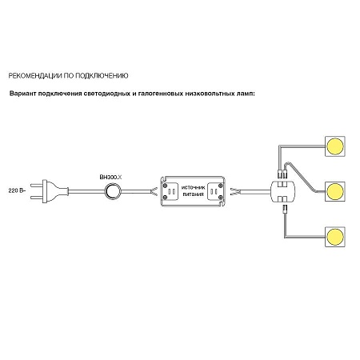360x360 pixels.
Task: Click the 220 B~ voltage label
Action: [17, 190]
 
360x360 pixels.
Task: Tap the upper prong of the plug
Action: [37, 185]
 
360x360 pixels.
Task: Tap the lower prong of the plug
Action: [37, 198]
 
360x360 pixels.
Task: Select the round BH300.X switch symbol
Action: [113, 191]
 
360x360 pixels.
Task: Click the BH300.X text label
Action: [110, 177]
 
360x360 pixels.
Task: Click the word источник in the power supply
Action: [194, 187]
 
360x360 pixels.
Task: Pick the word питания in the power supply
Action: [194, 194]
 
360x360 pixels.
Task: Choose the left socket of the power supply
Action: [171, 191]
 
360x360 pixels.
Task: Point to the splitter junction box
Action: [283, 191]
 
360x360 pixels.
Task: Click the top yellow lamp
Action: [335, 146]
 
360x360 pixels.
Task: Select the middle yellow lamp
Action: [335, 191]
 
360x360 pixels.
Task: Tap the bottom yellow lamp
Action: [335, 237]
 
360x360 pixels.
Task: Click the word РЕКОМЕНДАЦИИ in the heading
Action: [35, 76]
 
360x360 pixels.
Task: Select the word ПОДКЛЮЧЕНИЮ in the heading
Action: [102, 76]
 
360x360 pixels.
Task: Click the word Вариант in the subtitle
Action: [22, 94]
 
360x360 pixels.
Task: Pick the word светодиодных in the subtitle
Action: [106, 94]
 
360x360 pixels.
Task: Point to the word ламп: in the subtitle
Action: [246, 94]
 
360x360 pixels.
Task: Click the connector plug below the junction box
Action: [285, 208]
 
